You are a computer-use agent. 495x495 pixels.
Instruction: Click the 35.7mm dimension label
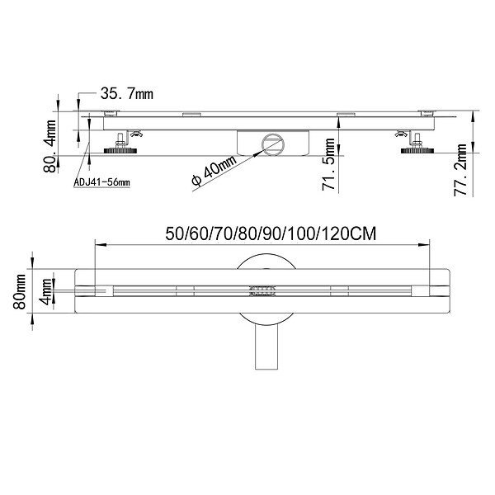point(127,94)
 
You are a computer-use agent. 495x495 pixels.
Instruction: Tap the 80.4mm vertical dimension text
point(49,146)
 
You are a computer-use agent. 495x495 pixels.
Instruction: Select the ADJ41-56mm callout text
point(101,182)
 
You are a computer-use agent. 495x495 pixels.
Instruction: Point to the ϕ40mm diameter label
point(214,171)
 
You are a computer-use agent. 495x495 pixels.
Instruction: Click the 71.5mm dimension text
point(328,164)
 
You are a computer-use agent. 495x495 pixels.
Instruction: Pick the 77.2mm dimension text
point(460,170)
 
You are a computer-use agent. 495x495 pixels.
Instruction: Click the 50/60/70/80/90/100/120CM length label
point(271,234)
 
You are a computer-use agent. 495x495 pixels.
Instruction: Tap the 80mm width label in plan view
point(19,291)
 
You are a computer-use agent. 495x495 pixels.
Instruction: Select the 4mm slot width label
point(46,291)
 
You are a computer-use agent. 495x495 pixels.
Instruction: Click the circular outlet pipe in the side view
point(273,145)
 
